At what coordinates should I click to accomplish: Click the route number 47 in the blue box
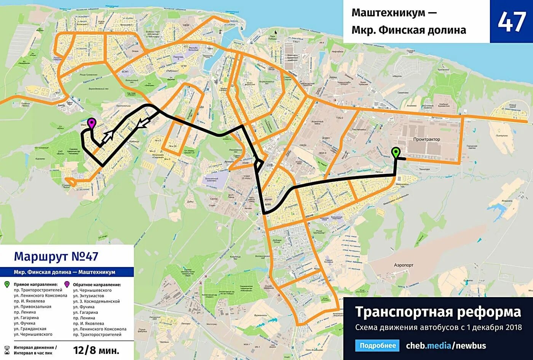click(x=511, y=22)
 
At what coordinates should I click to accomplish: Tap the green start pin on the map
click(x=396, y=152)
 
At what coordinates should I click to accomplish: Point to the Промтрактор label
click(x=426, y=139)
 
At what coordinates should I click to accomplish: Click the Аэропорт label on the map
click(x=404, y=265)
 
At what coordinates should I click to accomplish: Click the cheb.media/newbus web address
click(x=446, y=346)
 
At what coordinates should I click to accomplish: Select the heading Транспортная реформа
click(x=438, y=312)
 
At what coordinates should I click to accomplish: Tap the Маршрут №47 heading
click(x=56, y=256)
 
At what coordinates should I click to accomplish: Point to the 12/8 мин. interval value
click(x=96, y=350)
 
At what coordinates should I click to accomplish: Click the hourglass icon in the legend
click(x=7, y=350)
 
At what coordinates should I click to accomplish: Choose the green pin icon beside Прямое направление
click(x=7, y=285)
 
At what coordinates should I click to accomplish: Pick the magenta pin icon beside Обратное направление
click(x=67, y=285)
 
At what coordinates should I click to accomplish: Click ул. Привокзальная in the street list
click(x=32, y=307)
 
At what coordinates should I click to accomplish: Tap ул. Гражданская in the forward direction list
click(x=30, y=329)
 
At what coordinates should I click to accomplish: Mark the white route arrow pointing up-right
click(x=109, y=136)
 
